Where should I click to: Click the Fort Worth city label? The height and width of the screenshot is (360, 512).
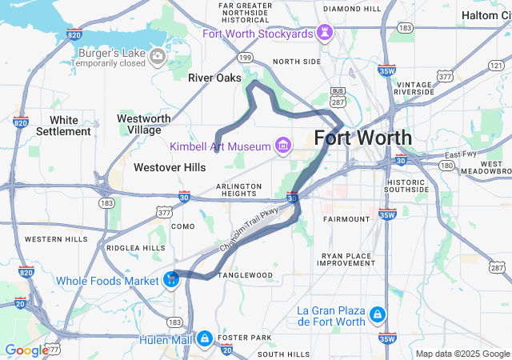click(363, 137)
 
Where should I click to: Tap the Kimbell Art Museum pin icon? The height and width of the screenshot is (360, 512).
click(282, 146)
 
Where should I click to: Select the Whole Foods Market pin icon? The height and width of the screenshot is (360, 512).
click(170, 280)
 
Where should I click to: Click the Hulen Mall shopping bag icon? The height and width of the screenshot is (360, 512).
click(206, 338)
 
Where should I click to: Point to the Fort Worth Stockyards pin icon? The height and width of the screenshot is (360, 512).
click(326, 33)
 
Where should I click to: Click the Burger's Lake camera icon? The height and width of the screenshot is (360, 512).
click(158, 55)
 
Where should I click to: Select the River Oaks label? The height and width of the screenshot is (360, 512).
click(209, 78)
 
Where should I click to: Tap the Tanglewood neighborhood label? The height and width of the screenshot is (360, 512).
click(246, 275)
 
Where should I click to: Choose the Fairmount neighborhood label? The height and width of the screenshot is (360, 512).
click(346, 218)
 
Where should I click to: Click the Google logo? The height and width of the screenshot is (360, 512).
click(26, 350)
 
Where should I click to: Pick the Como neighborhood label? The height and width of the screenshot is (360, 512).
click(183, 227)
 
